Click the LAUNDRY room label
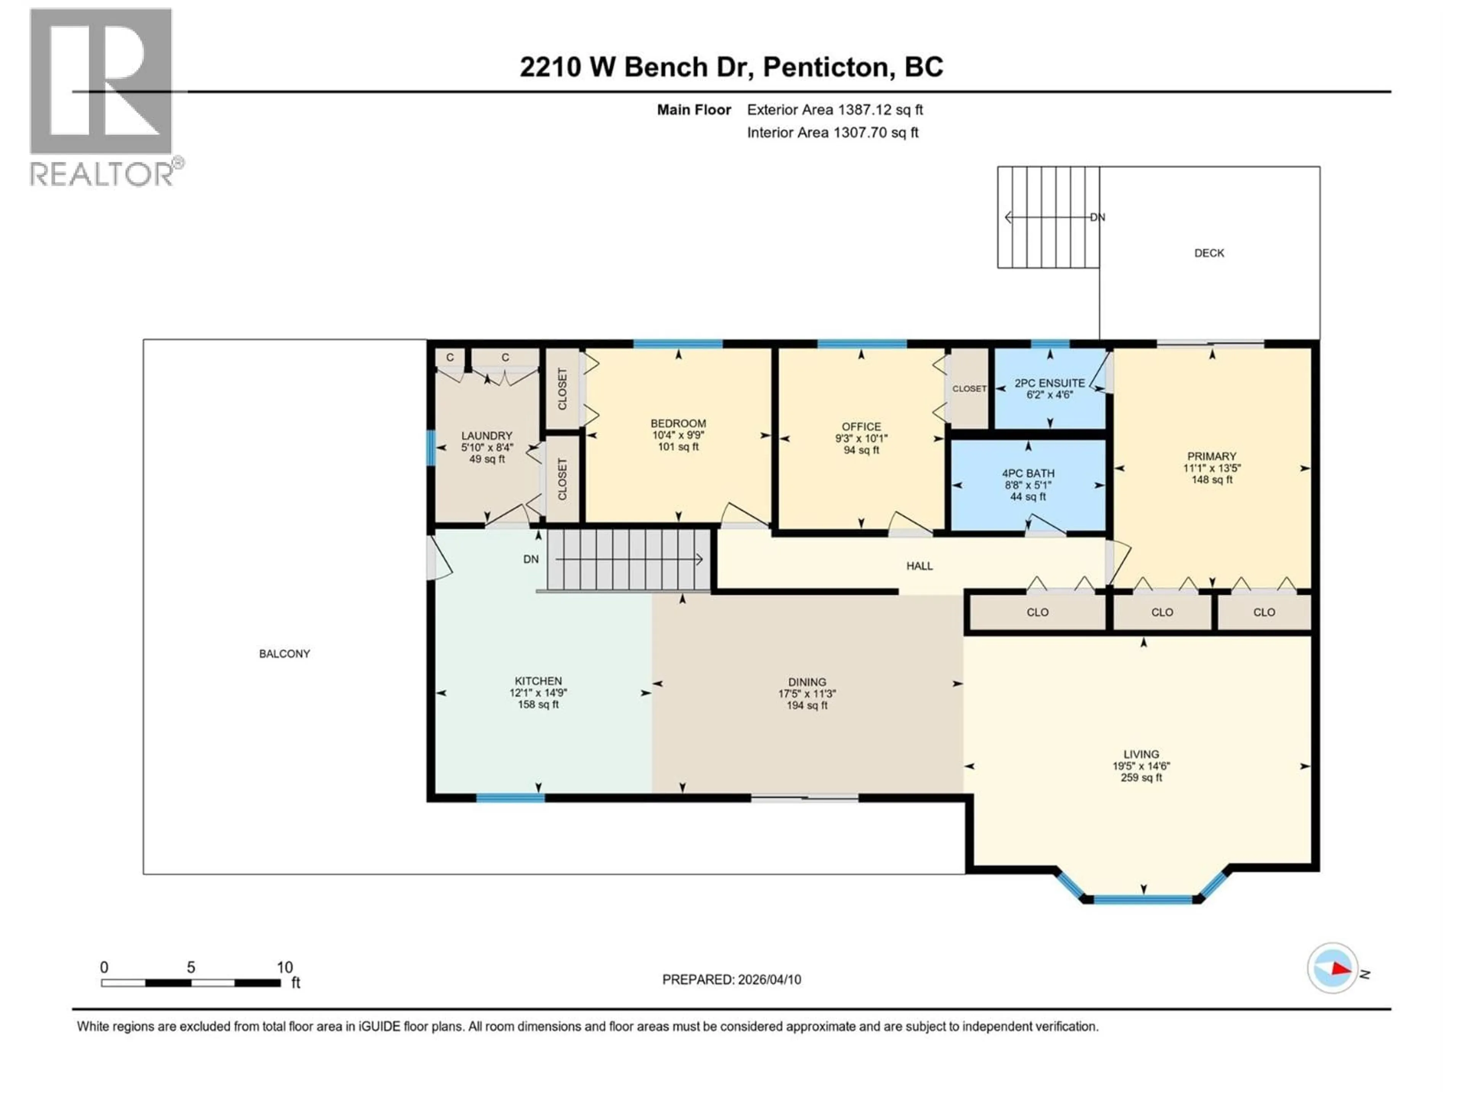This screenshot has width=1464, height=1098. (486, 435)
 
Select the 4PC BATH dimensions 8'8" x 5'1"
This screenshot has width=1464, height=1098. (1028, 485)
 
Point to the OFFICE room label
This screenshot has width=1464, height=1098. (861, 427)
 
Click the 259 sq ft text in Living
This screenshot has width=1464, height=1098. (1141, 778)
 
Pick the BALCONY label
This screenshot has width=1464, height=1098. (284, 654)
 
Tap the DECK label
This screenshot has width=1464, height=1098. (1209, 253)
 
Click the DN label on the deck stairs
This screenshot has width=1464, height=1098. (1097, 217)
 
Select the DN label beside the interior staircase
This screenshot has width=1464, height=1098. (531, 559)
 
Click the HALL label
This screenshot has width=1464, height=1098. (919, 566)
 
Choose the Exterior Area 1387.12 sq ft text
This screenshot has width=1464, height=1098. (835, 110)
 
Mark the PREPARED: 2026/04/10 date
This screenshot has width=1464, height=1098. (731, 979)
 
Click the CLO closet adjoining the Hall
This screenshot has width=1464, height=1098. (1037, 612)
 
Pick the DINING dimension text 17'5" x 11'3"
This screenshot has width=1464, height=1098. (807, 693)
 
